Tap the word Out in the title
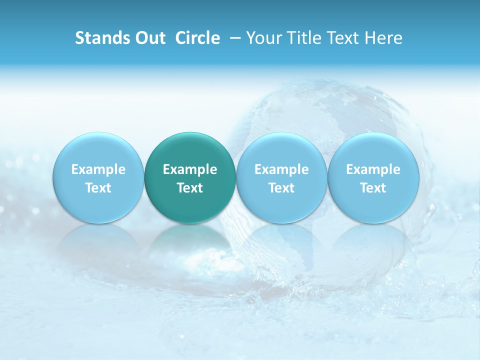coord(149,38)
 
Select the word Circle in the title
coord(197,38)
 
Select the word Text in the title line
coord(340,38)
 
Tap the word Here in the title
coord(382,38)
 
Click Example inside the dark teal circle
coord(190,169)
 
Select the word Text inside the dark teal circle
coord(190,188)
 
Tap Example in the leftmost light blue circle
coord(98,169)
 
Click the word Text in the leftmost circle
coord(98,188)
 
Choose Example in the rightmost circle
coord(373,169)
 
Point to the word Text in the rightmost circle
coord(373,188)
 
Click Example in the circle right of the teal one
coord(281,169)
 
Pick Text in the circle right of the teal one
coord(281,188)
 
